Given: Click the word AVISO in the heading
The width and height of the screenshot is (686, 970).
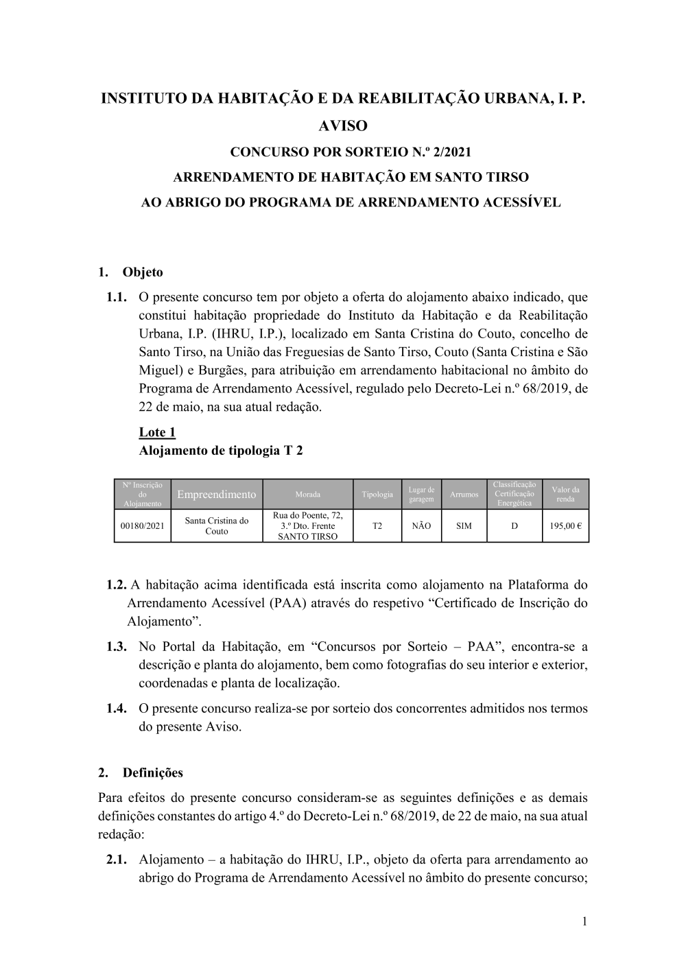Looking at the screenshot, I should (x=344, y=126).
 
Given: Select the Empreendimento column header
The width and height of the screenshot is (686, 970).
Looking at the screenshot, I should (x=216, y=495).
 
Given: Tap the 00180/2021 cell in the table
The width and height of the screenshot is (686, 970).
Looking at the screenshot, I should (x=142, y=526).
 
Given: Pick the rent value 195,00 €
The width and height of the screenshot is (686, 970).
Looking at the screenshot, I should (x=565, y=526).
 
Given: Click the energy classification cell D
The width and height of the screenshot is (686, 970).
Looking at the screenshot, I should (x=514, y=526).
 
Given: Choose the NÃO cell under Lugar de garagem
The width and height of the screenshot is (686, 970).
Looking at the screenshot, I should (x=421, y=526).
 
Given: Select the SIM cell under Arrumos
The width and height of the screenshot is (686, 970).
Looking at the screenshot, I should (x=464, y=526).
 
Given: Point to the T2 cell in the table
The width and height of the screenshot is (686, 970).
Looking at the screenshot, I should (x=377, y=526).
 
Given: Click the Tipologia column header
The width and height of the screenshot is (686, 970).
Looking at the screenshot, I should (x=377, y=495).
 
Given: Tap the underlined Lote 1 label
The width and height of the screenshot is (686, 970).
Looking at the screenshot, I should (x=157, y=432).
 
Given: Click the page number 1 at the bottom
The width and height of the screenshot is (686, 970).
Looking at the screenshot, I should (x=584, y=921).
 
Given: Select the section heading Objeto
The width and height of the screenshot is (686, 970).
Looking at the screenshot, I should (x=143, y=272).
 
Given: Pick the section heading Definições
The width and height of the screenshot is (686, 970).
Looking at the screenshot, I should (x=152, y=772).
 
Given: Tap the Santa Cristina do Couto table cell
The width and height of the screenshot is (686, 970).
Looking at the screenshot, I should (x=216, y=526).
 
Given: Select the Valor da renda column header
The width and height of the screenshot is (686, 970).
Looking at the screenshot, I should (x=565, y=495).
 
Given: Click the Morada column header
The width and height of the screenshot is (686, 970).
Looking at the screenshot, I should (x=307, y=495).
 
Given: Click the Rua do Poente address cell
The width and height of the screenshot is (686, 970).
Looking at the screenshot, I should (x=307, y=526).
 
